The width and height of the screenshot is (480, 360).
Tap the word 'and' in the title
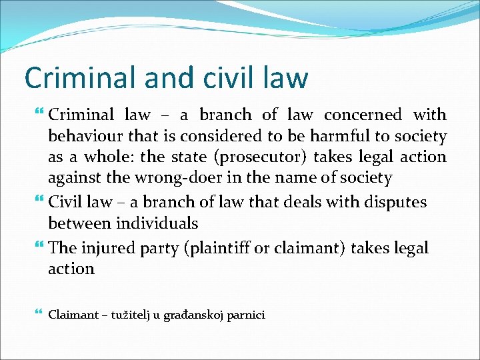(154, 77)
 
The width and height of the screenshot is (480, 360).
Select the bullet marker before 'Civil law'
(41, 201)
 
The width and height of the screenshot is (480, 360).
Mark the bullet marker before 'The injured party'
(41, 247)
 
